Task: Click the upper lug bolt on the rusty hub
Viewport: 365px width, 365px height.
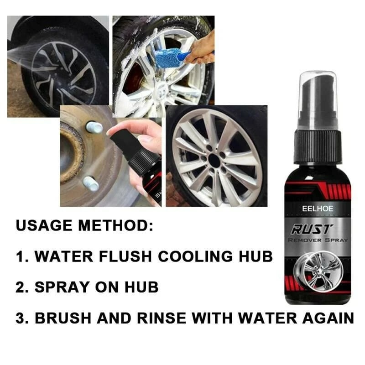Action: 94,127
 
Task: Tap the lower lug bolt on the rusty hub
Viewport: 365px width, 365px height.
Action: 91,183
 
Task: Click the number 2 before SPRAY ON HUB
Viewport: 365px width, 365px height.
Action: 21,287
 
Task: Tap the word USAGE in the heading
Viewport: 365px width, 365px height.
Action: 44,226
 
